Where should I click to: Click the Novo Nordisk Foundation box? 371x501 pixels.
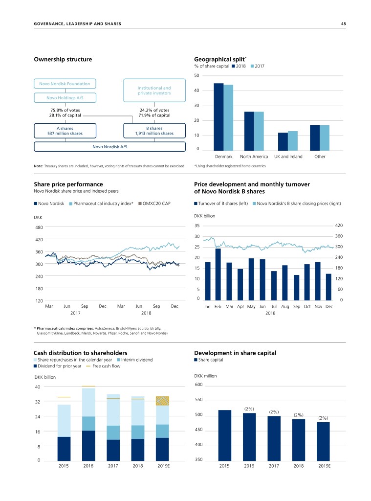65,84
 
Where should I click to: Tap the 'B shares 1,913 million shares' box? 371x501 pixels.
154,130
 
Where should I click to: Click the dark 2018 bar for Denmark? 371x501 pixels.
219,116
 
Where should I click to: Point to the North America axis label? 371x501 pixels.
254,157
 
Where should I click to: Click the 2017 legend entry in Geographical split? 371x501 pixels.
257,66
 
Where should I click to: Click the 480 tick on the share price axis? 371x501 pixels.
39,228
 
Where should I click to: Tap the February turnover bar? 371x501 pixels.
218,274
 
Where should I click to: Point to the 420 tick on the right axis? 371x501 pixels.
338,226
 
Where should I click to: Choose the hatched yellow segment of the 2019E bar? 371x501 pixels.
162,401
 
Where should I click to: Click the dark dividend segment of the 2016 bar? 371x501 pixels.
88,446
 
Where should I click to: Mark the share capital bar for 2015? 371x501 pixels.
224,435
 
